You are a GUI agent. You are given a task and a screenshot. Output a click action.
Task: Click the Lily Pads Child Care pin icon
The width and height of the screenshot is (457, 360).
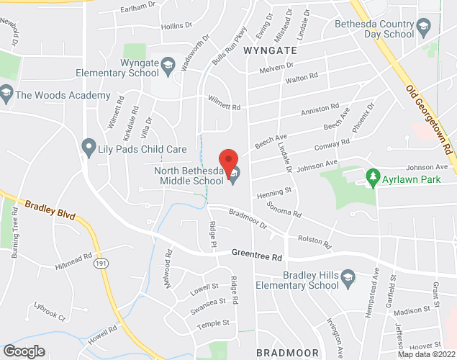pos(89,148)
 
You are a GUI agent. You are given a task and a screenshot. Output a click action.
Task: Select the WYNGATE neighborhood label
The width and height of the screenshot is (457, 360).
pos(270,51)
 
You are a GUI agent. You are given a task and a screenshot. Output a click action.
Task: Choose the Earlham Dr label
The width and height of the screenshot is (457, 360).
pos(139,6)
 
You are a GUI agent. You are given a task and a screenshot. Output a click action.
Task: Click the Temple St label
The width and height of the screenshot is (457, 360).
pos(214,323)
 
